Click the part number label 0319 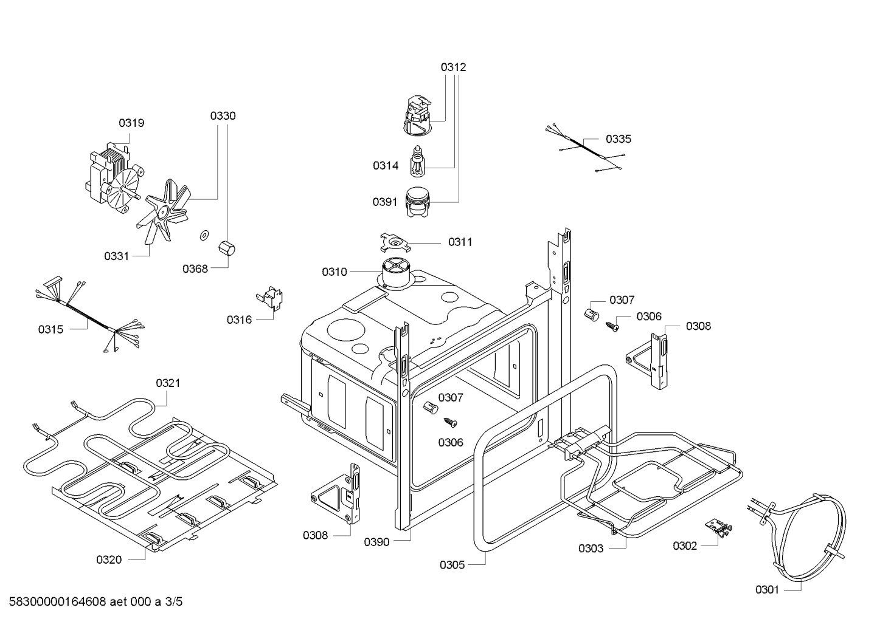point(131,123)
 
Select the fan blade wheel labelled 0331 point(163,210)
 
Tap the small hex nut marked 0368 point(227,248)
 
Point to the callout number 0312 point(453,67)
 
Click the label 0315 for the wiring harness point(50,330)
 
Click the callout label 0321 point(168,383)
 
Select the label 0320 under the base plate point(109,560)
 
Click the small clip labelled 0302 point(718,528)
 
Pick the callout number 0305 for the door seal point(452,566)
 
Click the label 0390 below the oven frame point(376,542)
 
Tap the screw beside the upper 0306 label point(612,326)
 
